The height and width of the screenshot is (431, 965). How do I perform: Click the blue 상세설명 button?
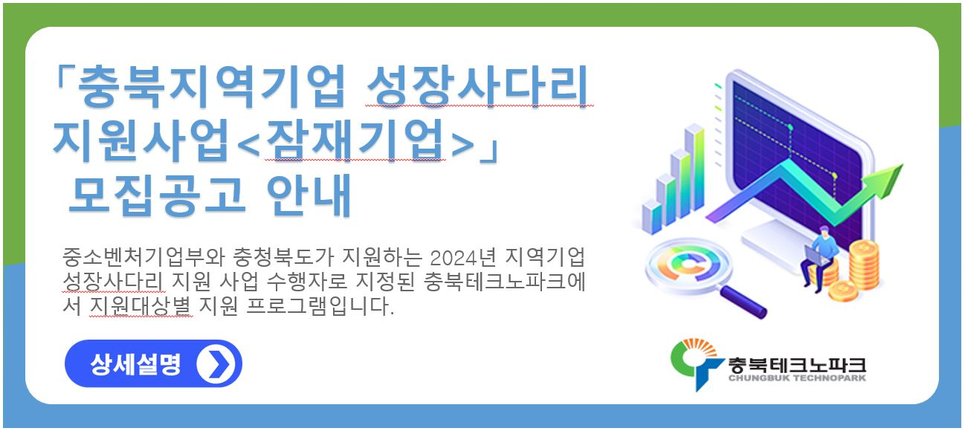(x=153, y=364)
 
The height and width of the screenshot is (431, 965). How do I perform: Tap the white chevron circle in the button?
(x=216, y=364)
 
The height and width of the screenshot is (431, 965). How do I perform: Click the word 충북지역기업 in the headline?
(x=211, y=86)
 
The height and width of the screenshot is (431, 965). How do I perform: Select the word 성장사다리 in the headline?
(x=477, y=85)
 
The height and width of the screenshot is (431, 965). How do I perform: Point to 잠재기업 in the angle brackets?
(x=355, y=140)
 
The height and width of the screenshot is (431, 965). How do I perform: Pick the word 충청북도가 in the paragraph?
(x=283, y=256)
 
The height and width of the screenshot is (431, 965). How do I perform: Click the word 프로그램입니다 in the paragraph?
(x=320, y=306)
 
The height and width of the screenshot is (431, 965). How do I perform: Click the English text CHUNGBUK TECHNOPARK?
(x=797, y=378)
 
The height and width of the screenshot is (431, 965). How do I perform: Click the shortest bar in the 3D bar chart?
(x=651, y=218)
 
